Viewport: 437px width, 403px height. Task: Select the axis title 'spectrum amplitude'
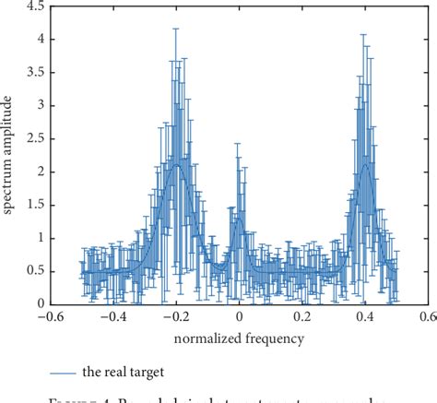(9, 155)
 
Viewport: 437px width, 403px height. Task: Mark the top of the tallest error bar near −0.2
(175, 28)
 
